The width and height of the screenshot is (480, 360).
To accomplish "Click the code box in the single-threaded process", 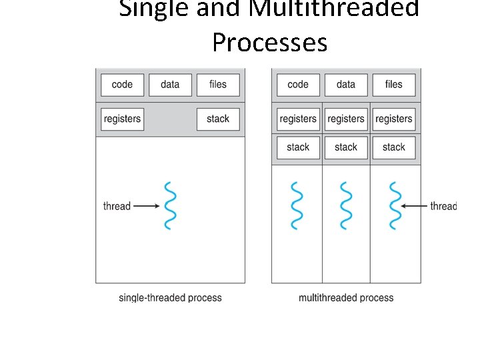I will coord(122,85).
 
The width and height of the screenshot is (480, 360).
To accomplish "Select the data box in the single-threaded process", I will coord(170,85).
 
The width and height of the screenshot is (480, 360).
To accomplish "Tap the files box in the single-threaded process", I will coord(218,85).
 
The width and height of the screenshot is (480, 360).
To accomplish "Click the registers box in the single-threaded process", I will coord(122,119).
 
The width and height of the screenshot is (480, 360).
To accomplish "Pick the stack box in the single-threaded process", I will coord(218,119).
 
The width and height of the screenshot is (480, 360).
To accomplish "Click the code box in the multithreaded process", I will coord(298,85).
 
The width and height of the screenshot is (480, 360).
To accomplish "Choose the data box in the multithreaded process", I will coord(346,85).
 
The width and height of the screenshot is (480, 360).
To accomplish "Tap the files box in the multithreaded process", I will coord(394,85).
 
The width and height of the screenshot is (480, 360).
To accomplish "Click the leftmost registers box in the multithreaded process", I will coord(298,119).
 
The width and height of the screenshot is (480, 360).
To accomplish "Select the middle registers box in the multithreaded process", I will coord(346,119).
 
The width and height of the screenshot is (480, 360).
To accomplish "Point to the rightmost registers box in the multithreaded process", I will coord(394,119).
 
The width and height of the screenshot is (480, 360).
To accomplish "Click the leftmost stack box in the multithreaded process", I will coord(298,147).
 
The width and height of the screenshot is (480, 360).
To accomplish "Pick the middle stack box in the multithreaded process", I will coord(346,147).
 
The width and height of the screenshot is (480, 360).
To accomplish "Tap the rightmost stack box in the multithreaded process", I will coord(394,147).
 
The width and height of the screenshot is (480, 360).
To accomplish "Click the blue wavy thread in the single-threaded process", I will coord(170,205).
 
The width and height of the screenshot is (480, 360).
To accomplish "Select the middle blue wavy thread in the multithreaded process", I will coord(346,205).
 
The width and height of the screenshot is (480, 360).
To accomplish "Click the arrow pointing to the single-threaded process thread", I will coord(146,207).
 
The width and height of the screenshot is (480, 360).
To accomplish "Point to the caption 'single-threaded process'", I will coord(170,298).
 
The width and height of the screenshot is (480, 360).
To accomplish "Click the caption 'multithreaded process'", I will coord(346,298).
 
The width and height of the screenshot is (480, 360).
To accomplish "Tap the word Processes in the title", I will coord(269,43).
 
